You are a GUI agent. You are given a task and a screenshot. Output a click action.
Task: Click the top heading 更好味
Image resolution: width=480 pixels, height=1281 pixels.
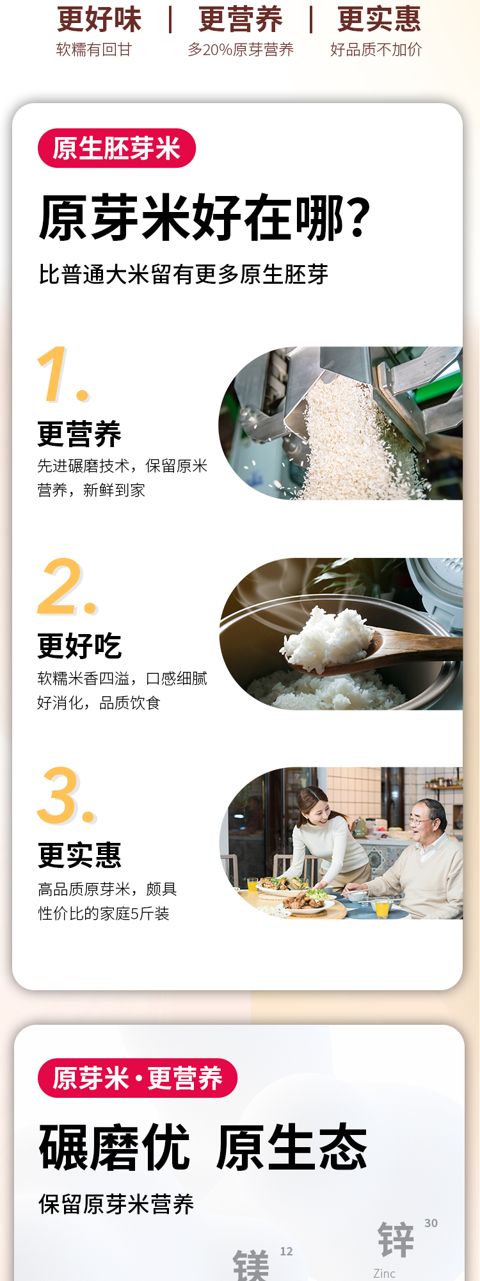pyautogui.click(x=99, y=19)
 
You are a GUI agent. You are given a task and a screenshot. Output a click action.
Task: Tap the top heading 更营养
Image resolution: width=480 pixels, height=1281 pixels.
pyautogui.click(x=241, y=19)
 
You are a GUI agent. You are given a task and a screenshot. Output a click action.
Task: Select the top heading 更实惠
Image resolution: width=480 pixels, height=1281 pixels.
pyautogui.click(x=380, y=19)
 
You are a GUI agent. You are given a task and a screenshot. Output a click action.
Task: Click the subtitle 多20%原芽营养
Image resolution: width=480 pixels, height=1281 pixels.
pyautogui.click(x=241, y=50)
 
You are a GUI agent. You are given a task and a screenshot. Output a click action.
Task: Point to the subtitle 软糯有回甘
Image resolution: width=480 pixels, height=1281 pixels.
pyautogui.click(x=94, y=50)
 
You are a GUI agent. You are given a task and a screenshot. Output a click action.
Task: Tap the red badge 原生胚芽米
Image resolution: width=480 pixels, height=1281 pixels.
pyautogui.click(x=116, y=148)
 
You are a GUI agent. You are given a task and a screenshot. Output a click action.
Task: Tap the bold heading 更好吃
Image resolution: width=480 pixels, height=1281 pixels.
pyautogui.click(x=79, y=646)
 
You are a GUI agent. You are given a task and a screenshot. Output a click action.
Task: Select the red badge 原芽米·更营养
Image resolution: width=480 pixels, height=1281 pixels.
pyautogui.click(x=138, y=1078)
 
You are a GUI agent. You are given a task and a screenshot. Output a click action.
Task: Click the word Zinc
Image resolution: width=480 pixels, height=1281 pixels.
pyautogui.click(x=384, y=1273)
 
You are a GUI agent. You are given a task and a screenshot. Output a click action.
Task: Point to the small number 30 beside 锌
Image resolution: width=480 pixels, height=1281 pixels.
pyautogui.click(x=431, y=1223)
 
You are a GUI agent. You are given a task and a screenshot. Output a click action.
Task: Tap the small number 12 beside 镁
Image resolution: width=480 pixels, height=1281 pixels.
pyautogui.click(x=286, y=1251)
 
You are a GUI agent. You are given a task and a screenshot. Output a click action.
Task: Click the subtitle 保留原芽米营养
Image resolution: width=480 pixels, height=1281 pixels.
pyautogui.click(x=116, y=1204)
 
